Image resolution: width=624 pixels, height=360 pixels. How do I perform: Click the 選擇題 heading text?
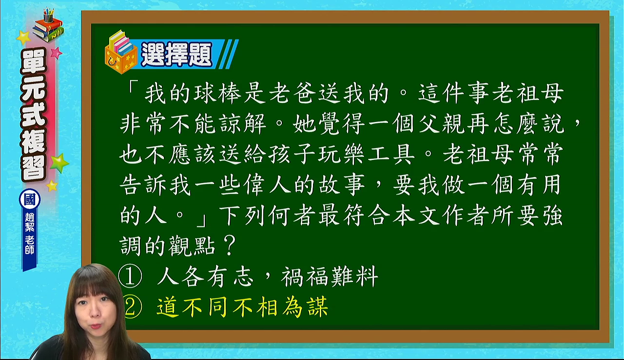tap(176, 54)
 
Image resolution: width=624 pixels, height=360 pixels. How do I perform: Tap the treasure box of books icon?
tap(120, 52)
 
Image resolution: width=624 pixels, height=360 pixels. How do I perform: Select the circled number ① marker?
tap(130, 276)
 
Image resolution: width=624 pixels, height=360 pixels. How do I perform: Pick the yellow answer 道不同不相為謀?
tap(242, 307)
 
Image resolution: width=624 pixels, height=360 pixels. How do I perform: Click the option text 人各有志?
tap(206, 276)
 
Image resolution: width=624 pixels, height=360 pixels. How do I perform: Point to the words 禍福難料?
tap(330, 276)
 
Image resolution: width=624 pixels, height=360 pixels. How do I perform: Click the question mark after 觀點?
tap(230, 245)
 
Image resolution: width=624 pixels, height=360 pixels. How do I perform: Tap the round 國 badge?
tap(30, 200)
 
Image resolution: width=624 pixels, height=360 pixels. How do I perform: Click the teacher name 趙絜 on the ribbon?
tap(30, 222)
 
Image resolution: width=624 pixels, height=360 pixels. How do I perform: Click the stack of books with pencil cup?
tap(48, 25)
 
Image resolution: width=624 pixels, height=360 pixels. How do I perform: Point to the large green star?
tap(59, 163)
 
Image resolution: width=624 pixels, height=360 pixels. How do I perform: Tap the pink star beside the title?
tap(56, 53)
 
